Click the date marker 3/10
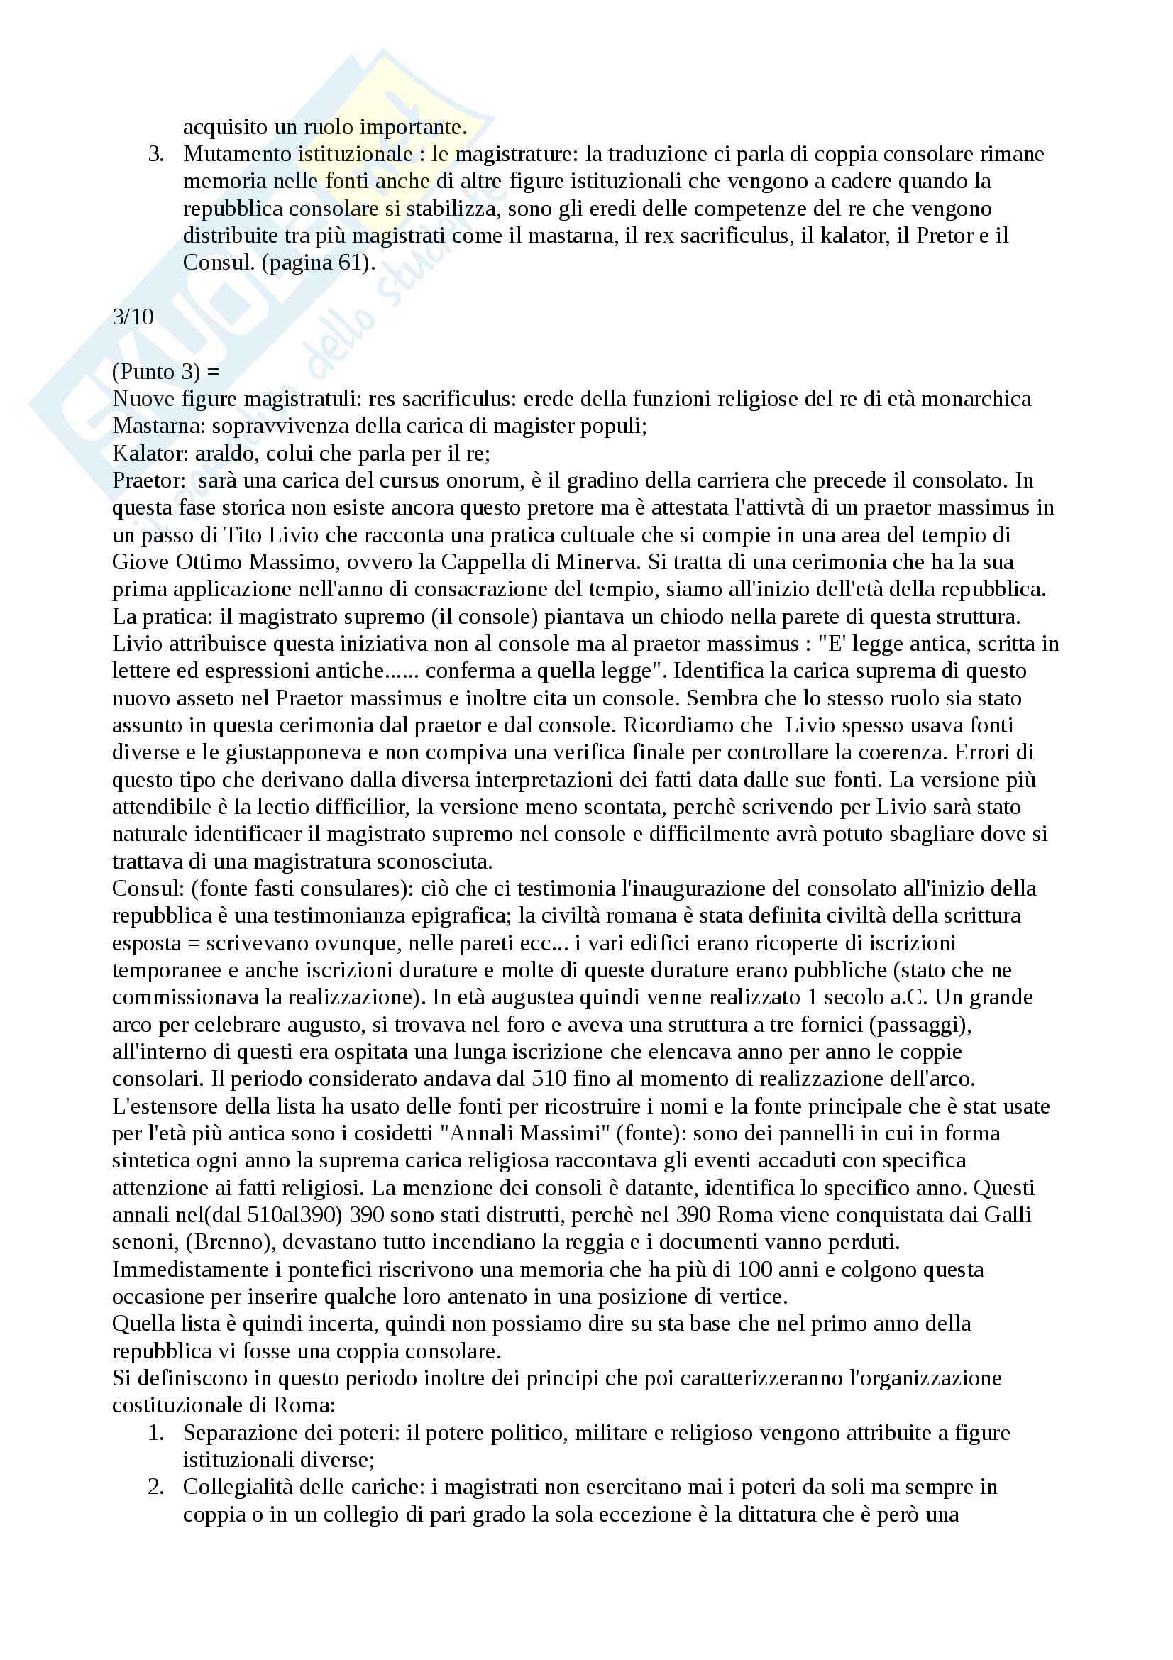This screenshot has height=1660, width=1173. pos(133,317)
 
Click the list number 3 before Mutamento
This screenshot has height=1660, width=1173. pos(155,154)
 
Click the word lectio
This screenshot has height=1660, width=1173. pos(275,807)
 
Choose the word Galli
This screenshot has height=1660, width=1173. pos(1008,1214)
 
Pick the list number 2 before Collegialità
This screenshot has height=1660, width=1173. pos(155,1488)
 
